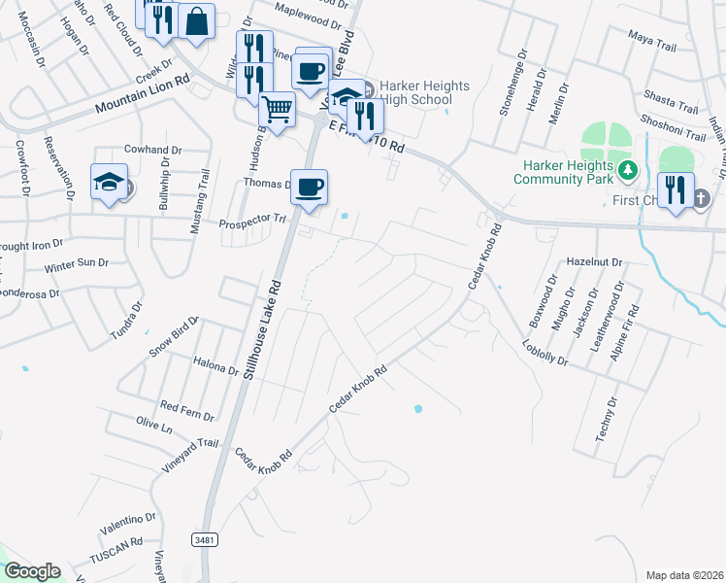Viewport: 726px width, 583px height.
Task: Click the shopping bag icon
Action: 196,20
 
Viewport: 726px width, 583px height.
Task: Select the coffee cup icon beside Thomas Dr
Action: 309,187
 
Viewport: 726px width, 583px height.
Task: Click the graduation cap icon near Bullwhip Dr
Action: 110,181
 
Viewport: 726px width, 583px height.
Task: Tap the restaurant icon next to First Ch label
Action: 675,189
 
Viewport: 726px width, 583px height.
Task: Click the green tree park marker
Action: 628,172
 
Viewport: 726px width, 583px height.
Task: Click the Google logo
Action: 32,571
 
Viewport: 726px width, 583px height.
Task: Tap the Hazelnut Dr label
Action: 594,263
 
